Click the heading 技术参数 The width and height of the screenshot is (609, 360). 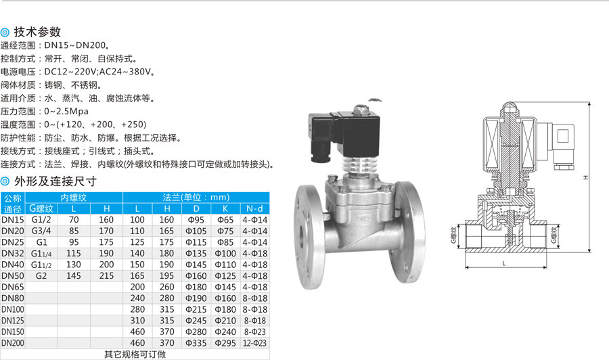click(x=37, y=32)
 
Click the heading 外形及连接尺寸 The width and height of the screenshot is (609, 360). click(x=55, y=181)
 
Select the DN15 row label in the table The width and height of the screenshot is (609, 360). click(x=13, y=220)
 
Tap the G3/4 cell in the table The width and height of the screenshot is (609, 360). click(x=41, y=231)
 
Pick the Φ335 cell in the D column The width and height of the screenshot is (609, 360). click(x=196, y=343)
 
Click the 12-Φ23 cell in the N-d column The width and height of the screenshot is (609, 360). click(x=255, y=343)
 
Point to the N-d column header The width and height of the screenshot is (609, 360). click(x=255, y=208)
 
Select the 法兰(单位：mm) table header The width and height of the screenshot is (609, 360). click(x=196, y=198)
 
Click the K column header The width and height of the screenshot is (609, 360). click(x=225, y=208)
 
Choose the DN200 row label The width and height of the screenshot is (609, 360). click(x=13, y=343)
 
